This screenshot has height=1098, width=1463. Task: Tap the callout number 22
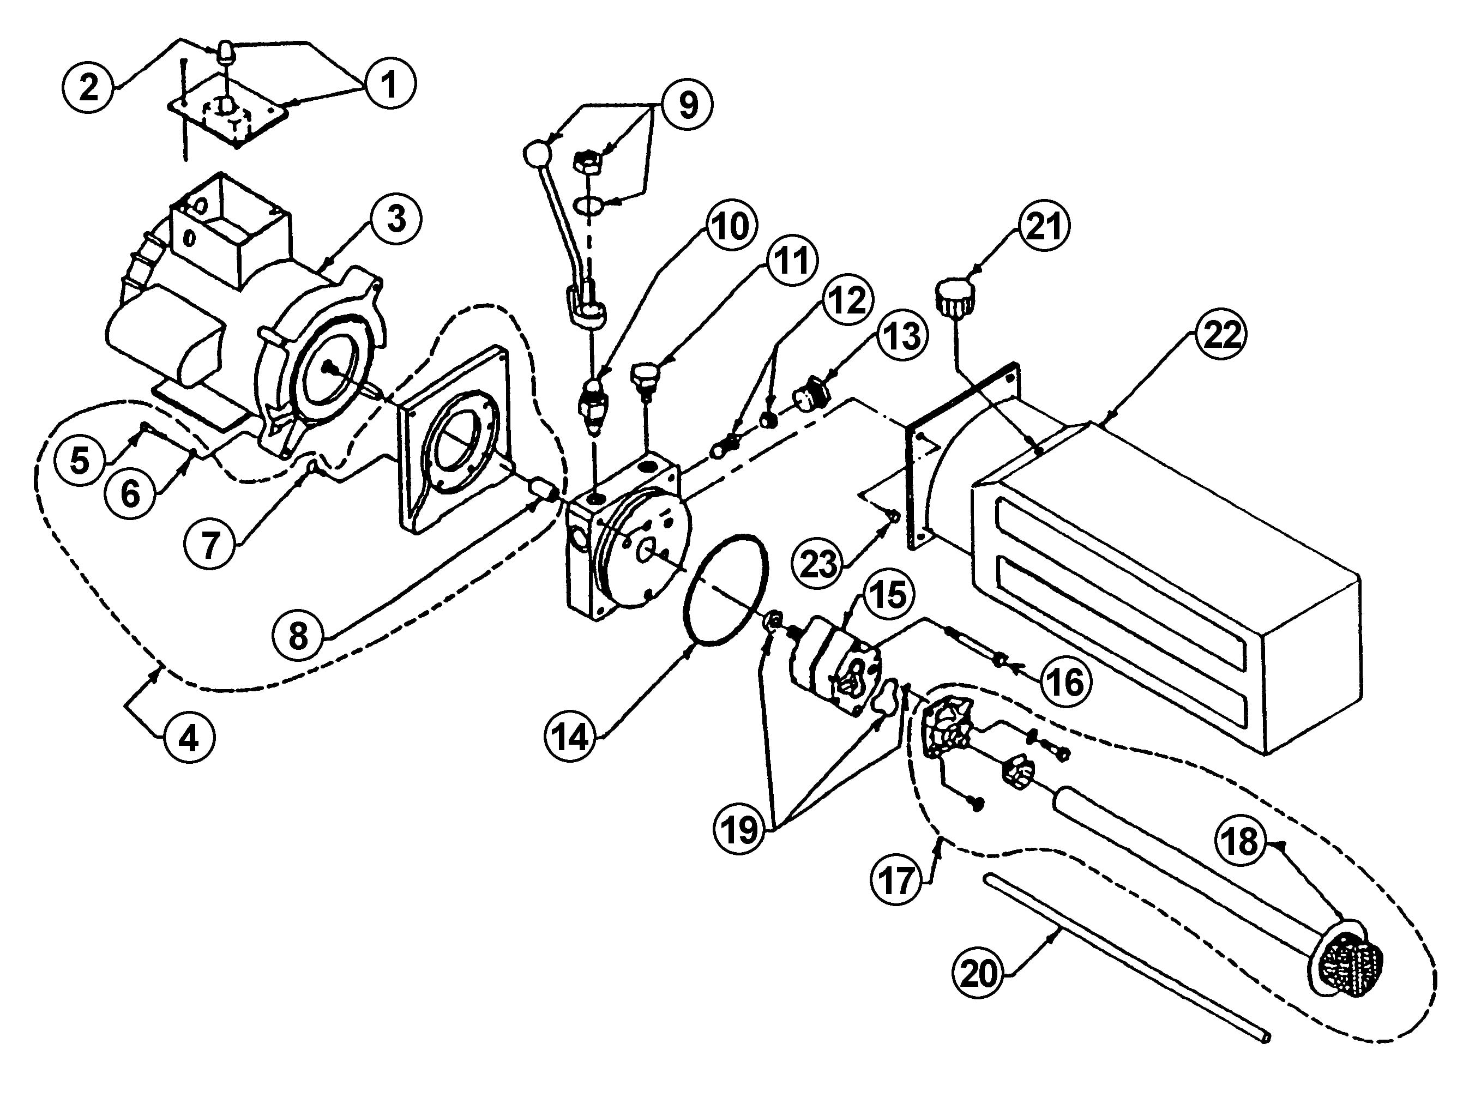pyautogui.click(x=1221, y=335)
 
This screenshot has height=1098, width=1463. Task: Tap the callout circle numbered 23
pyautogui.click(x=819, y=564)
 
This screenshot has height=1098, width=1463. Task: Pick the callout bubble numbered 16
pyautogui.click(x=1065, y=681)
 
